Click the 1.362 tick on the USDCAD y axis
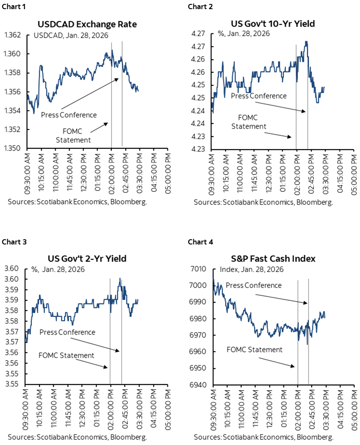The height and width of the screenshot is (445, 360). tap(14, 35)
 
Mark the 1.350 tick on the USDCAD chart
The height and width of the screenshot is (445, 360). tap(14, 148)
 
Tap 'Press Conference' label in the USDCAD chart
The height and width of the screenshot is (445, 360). tap(68, 115)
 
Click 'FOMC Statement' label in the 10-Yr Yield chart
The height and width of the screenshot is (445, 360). tap(248, 122)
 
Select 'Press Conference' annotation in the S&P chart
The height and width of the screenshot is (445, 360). tap(252, 285)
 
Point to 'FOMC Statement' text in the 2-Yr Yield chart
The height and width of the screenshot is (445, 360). tap(66, 355)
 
